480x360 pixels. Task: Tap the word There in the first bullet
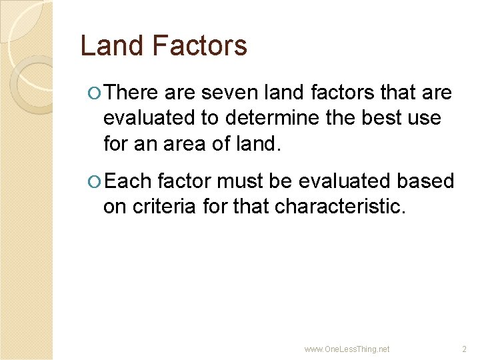131,93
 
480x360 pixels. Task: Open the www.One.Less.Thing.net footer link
347,349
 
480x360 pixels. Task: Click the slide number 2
465,349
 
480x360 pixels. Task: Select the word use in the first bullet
424,118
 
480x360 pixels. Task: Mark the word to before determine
213,118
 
